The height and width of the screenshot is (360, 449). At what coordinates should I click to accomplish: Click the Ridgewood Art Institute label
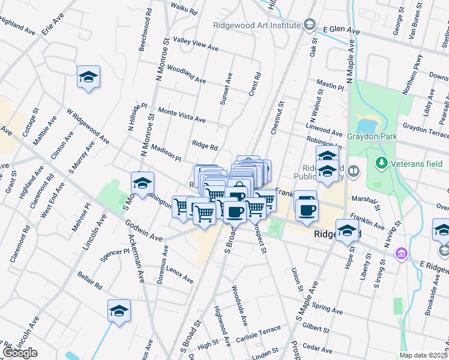click(256, 25)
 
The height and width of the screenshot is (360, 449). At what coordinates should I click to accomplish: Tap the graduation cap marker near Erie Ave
click(88, 77)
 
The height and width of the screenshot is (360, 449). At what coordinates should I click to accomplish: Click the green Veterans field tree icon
click(381, 163)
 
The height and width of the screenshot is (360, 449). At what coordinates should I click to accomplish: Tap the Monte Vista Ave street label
click(181, 116)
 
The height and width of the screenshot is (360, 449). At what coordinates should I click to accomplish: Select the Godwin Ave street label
click(144, 231)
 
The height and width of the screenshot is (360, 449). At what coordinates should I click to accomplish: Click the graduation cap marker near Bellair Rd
click(119, 311)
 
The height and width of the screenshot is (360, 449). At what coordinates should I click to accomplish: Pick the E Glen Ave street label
click(341, 30)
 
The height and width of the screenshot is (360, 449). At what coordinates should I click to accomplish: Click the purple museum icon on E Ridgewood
click(401, 254)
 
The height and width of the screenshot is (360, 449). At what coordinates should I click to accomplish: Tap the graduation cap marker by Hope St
click(347, 230)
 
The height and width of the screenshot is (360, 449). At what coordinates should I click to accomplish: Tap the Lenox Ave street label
click(180, 275)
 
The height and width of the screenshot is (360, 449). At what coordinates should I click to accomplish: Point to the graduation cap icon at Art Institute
click(309, 25)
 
